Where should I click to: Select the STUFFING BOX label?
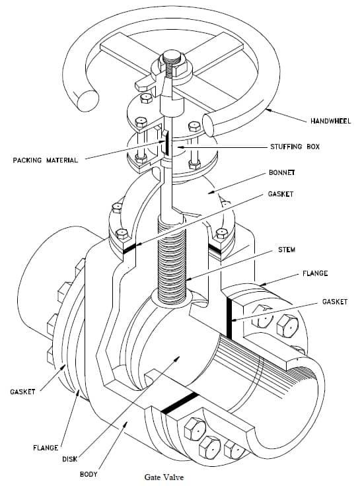(295, 147)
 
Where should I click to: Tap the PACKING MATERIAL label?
(46, 160)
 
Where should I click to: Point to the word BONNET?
(281, 172)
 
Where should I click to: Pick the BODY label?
(89, 474)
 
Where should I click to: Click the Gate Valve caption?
(164, 477)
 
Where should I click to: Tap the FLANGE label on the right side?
(314, 273)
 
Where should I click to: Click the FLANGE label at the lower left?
(45, 448)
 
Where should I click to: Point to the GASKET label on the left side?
(22, 392)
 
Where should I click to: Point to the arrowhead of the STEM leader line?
(188, 280)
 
